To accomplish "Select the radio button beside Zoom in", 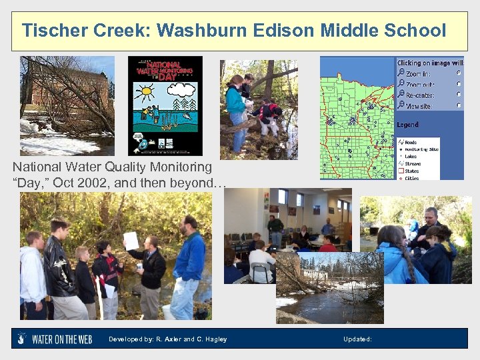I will tap(459, 73).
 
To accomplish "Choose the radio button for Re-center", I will tap(459, 94).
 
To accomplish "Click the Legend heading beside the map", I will tap(409, 125).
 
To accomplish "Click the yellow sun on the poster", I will tap(145, 90).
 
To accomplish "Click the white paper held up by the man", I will tap(131, 241).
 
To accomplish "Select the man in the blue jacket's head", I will tap(189, 223).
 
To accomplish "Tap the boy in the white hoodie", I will tap(33, 270).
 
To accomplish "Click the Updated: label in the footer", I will tap(357, 339).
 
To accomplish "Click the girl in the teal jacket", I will tap(235, 103).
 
